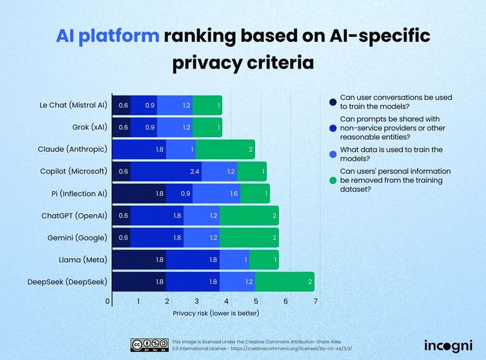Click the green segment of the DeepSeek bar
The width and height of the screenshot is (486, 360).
[284, 282]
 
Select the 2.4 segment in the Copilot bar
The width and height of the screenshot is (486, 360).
[166, 172]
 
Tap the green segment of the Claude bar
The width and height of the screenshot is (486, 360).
[225, 149]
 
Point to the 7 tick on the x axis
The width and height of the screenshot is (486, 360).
[315, 301]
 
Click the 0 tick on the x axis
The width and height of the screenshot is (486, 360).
[108, 301]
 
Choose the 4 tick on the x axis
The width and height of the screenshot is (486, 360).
[226, 301]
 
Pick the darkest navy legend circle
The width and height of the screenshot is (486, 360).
[332, 101]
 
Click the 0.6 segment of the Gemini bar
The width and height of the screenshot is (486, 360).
[122, 238]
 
